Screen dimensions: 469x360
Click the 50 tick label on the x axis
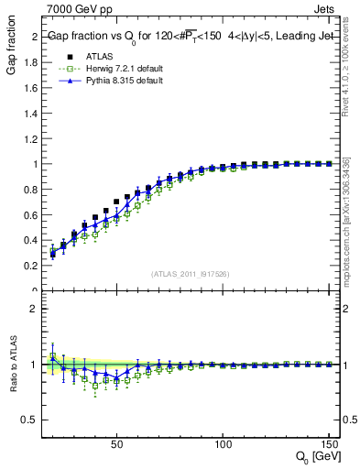116,445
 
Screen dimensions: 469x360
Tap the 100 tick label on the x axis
223,445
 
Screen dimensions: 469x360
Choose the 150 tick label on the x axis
328,445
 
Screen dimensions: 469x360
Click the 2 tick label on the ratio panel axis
34,309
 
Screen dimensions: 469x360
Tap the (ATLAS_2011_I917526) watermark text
190,273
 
